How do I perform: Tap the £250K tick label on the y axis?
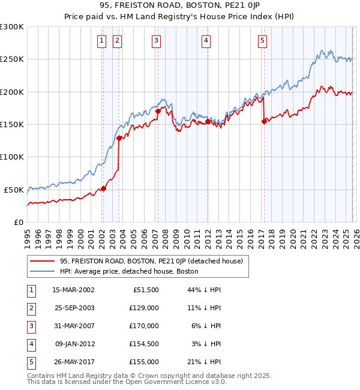(x=12, y=59)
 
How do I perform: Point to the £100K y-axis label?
(x=12, y=157)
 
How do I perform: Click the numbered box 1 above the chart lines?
(x=101, y=41)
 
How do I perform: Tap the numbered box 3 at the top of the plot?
(x=156, y=41)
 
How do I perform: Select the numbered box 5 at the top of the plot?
(x=263, y=41)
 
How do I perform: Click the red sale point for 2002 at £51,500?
(x=103, y=188)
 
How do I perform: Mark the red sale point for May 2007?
(x=158, y=111)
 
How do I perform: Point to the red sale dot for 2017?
(x=264, y=121)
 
